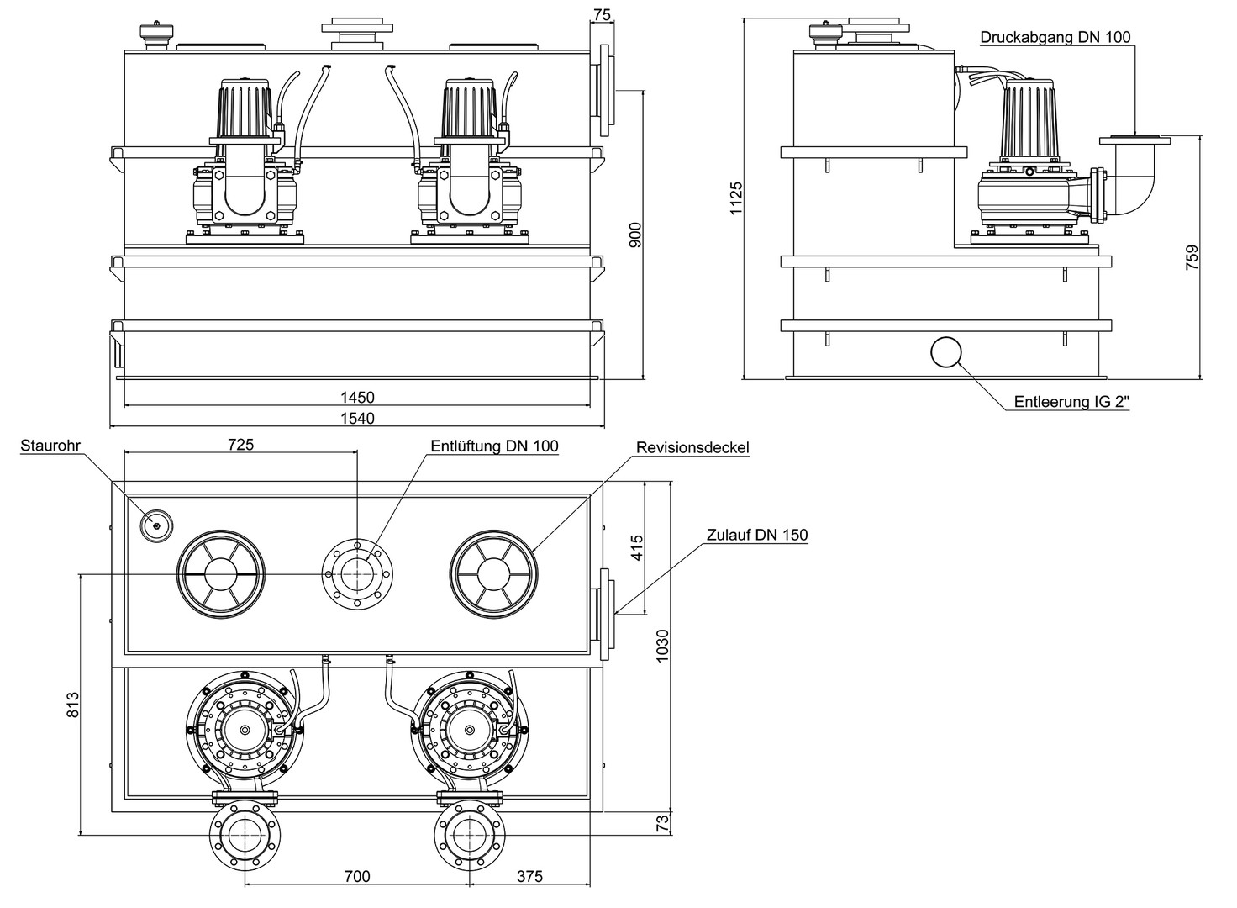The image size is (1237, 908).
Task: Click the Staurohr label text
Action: click(50, 446)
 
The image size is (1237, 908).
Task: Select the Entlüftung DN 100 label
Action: click(494, 446)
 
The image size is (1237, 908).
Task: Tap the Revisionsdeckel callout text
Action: click(692, 447)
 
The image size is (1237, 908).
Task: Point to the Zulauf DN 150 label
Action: click(757, 535)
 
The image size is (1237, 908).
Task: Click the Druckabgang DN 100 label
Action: click(1055, 37)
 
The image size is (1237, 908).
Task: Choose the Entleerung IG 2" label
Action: click(1071, 402)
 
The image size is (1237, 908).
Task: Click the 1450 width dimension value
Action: click(357, 398)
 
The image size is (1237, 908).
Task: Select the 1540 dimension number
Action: click(357, 418)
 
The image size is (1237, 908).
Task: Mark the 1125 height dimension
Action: click(737, 198)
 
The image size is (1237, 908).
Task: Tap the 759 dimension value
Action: click(1192, 257)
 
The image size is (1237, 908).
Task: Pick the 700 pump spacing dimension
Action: click(357, 877)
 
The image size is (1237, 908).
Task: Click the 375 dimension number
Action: click(529, 877)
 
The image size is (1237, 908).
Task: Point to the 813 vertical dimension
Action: click(73, 704)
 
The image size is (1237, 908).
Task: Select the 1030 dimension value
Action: click(662, 647)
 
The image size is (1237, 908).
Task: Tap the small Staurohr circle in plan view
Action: click(156, 525)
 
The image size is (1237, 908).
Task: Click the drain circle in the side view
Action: click(946, 351)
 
